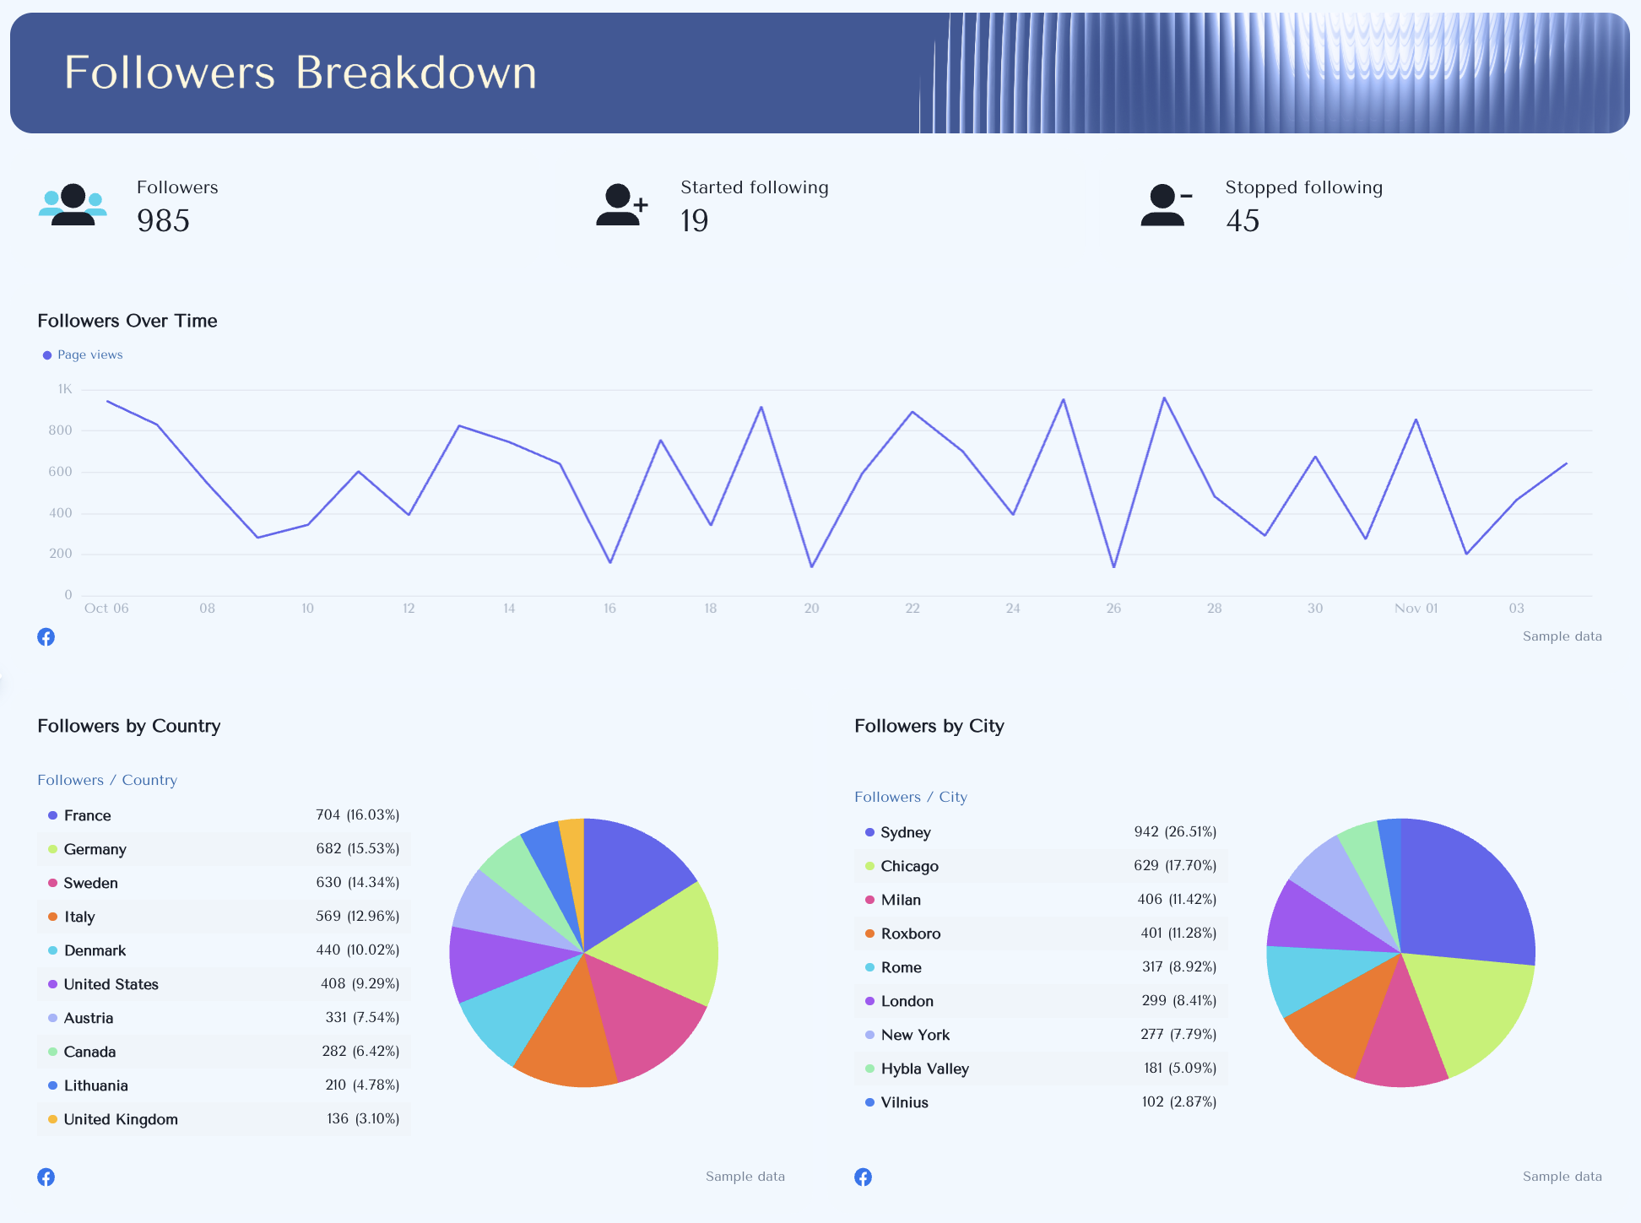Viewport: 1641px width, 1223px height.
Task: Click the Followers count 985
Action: point(163,221)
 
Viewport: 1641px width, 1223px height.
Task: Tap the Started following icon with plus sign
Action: point(621,205)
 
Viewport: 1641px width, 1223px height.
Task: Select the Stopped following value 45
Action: point(1243,221)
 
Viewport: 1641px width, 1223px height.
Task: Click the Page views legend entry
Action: point(89,354)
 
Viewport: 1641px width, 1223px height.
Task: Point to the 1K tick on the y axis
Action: point(65,389)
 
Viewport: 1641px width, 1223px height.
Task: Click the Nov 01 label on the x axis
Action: point(1416,609)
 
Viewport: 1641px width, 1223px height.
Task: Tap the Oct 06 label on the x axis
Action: point(106,609)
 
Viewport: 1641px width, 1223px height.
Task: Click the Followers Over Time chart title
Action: point(127,321)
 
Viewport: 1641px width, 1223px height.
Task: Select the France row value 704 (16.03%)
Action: point(357,815)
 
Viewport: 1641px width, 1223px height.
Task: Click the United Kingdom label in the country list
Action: point(121,1120)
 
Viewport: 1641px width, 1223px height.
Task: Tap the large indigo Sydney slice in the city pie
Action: point(1469,895)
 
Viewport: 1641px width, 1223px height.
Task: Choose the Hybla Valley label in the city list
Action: point(924,1069)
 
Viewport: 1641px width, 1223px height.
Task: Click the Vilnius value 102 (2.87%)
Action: point(1178,1102)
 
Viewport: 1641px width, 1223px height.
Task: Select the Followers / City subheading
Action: point(910,797)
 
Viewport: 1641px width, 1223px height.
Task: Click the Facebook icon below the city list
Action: point(863,1177)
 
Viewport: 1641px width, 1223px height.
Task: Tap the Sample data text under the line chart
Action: point(1562,636)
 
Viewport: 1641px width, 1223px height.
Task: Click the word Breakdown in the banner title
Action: point(416,73)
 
